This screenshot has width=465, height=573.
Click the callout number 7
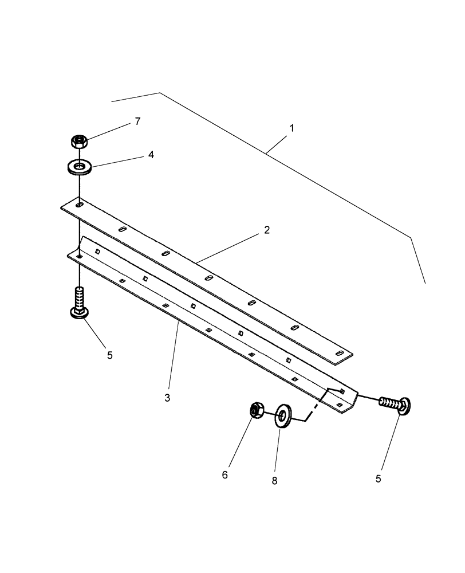pyautogui.click(x=137, y=121)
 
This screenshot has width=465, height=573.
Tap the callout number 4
pyautogui.click(x=151, y=155)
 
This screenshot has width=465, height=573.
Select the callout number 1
pyautogui.click(x=291, y=128)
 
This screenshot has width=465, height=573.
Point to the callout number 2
pyautogui.click(x=266, y=230)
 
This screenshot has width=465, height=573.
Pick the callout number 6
pyautogui.click(x=225, y=475)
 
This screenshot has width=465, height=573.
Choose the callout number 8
pyautogui.click(x=274, y=481)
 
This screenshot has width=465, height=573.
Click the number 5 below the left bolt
pyautogui.click(x=109, y=355)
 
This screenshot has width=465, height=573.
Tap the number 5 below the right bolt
pyautogui.click(x=378, y=478)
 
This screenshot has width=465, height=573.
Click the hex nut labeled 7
pyautogui.click(x=79, y=141)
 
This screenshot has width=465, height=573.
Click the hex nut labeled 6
pyautogui.click(x=256, y=410)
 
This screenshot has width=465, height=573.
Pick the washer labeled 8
pyautogui.click(x=283, y=415)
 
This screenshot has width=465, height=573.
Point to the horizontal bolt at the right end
pyautogui.click(x=396, y=404)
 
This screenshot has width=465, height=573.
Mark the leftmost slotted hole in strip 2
pyautogui.click(x=80, y=205)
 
